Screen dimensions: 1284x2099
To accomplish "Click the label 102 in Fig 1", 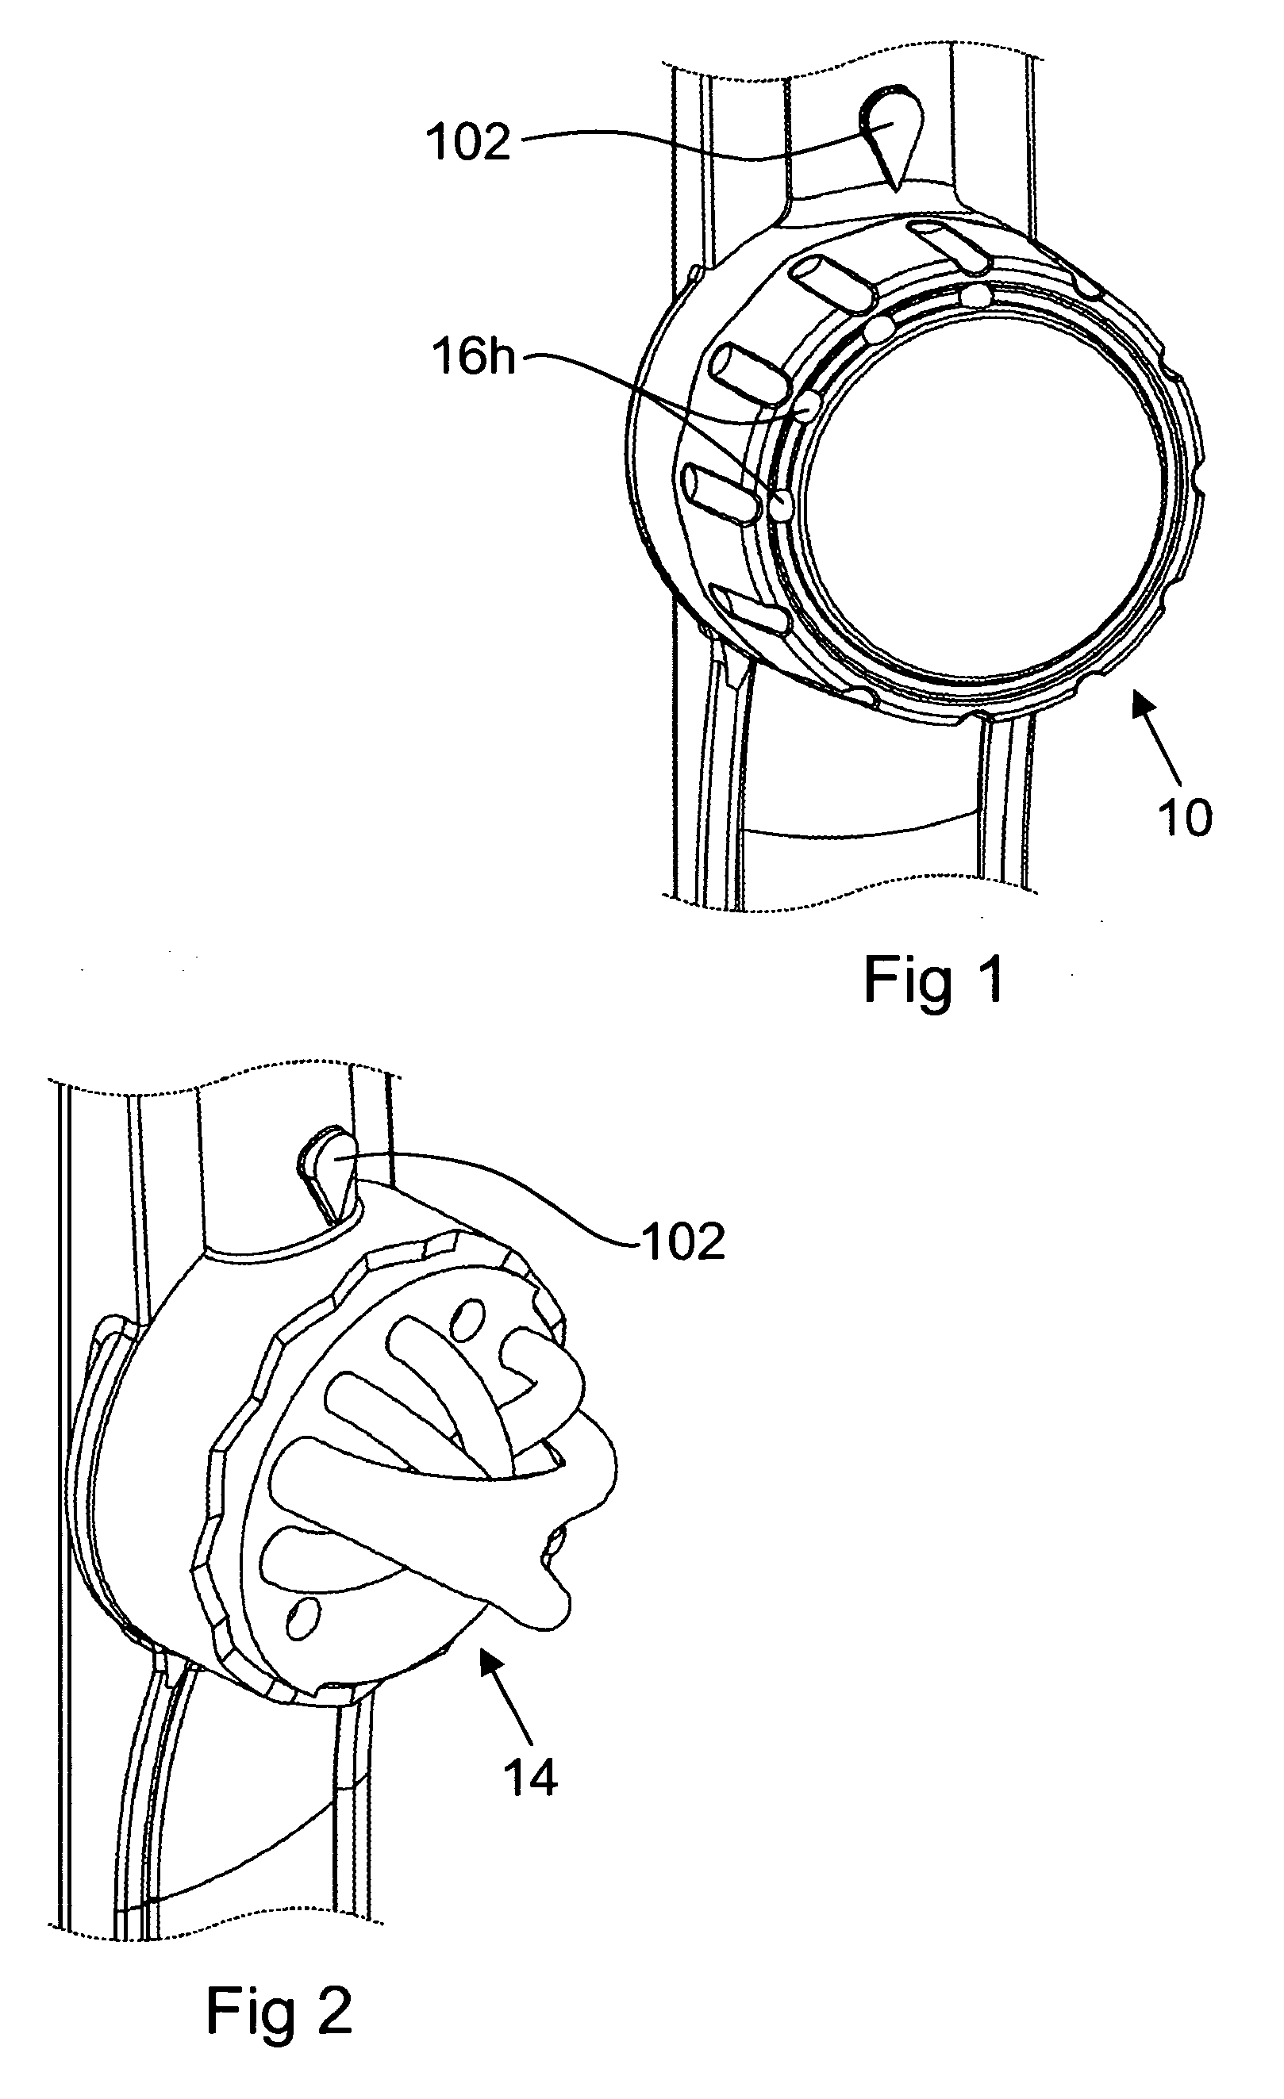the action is click(x=467, y=142).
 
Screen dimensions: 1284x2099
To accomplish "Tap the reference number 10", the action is click(x=1184, y=819).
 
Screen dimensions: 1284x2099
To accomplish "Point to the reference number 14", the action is click(x=530, y=1778).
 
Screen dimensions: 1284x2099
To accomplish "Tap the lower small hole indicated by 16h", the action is click(x=780, y=505).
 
